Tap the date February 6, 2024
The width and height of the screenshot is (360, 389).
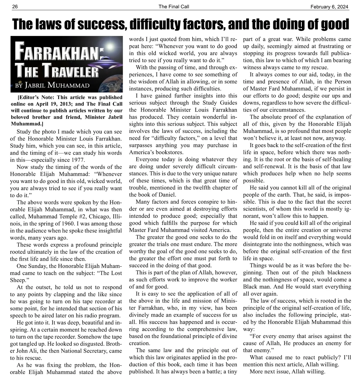click(x=330, y=6)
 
